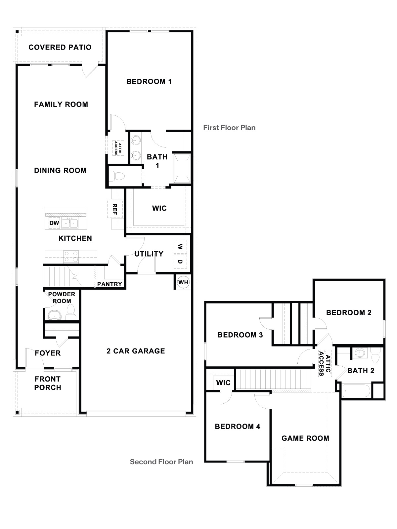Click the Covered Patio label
point(60,47)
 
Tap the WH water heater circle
point(183,282)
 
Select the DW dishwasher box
point(54,223)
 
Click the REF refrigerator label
point(115,209)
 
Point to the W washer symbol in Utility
point(180,247)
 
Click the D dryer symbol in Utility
point(180,262)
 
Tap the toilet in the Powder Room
point(70,312)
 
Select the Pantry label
point(110,284)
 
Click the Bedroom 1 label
point(149,81)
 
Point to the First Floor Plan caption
point(229,128)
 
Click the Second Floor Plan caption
point(161,462)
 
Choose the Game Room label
point(305,438)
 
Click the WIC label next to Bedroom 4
point(223,383)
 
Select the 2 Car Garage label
point(136,351)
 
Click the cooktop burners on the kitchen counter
point(71,257)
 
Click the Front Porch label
point(48,383)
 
